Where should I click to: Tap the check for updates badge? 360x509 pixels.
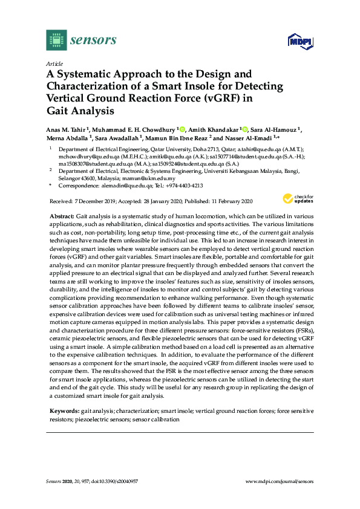(297, 199)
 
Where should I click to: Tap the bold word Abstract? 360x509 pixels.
(63, 216)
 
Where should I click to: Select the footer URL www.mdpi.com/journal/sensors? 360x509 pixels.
(280, 480)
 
